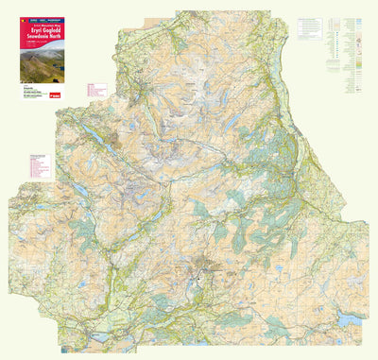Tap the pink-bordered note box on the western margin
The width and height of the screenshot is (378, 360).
tap(39, 165)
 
